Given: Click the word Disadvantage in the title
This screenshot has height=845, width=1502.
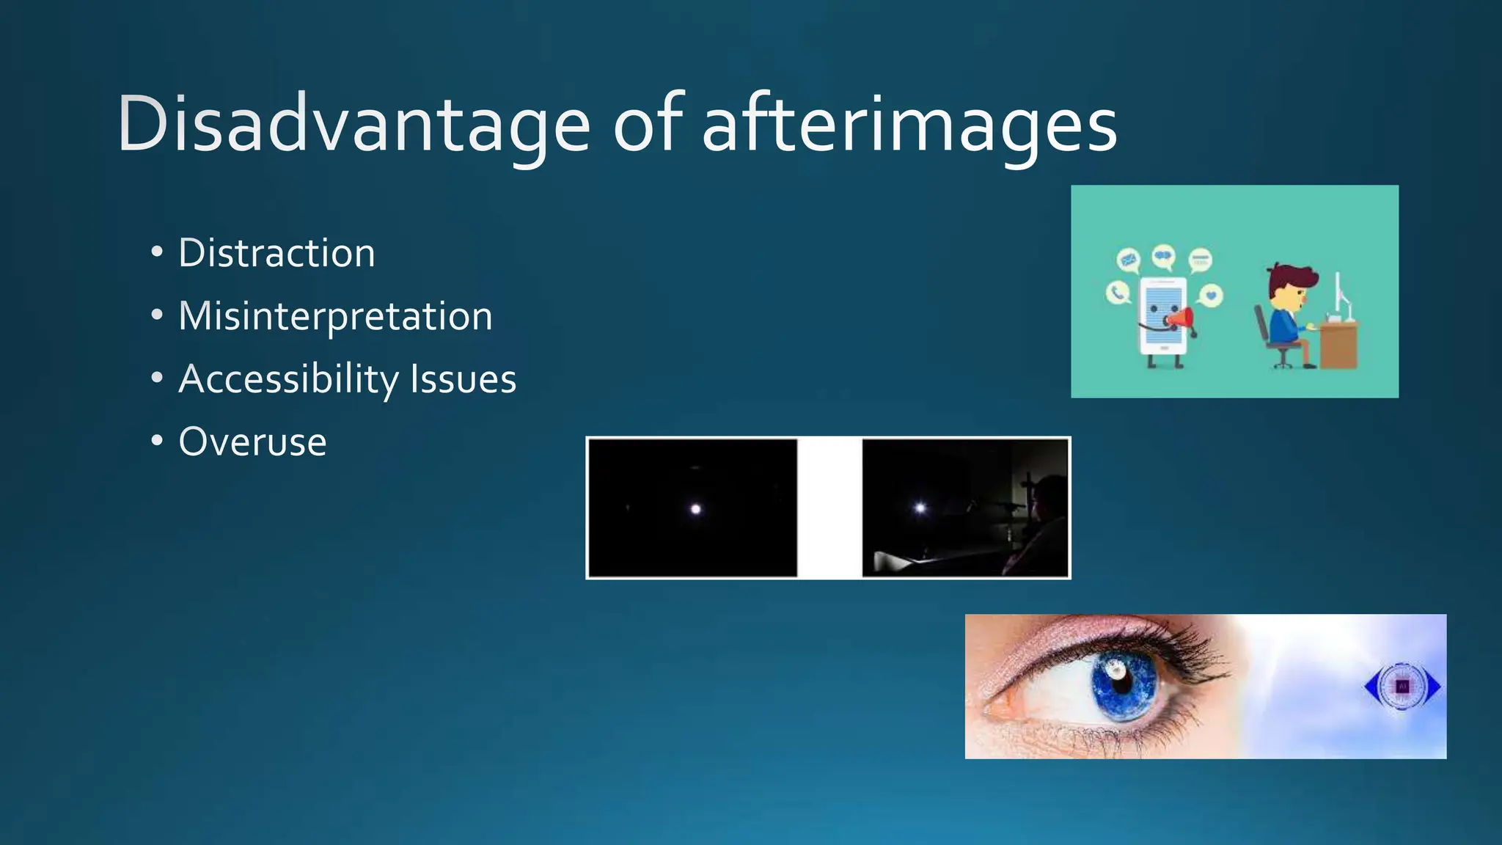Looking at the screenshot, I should (x=353, y=125).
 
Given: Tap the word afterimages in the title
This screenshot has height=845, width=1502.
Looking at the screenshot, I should (x=909, y=125).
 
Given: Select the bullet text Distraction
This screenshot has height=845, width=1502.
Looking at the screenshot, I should (x=276, y=253).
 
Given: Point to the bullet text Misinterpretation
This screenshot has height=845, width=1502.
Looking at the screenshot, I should (x=335, y=316).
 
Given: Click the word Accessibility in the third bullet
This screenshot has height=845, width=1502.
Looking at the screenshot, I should (x=288, y=379).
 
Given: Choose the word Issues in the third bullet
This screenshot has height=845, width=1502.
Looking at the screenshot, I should (x=463, y=379).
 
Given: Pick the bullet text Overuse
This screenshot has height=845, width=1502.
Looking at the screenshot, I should (x=252, y=442).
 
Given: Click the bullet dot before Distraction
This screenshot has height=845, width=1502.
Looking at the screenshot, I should (x=156, y=252).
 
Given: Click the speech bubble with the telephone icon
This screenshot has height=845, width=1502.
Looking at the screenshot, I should (x=1117, y=293).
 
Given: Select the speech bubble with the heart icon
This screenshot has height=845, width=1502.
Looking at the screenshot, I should (x=1211, y=296).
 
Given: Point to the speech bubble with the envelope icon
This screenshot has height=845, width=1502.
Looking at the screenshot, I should (x=1128, y=259).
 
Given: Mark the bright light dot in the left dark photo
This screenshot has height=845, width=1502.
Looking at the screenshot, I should (x=696, y=509).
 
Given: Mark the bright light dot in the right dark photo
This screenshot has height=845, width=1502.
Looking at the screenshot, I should (x=920, y=508).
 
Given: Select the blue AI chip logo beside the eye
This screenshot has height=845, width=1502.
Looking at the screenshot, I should (x=1402, y=687).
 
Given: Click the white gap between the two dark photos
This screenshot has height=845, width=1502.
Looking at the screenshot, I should (x=829, y=508).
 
